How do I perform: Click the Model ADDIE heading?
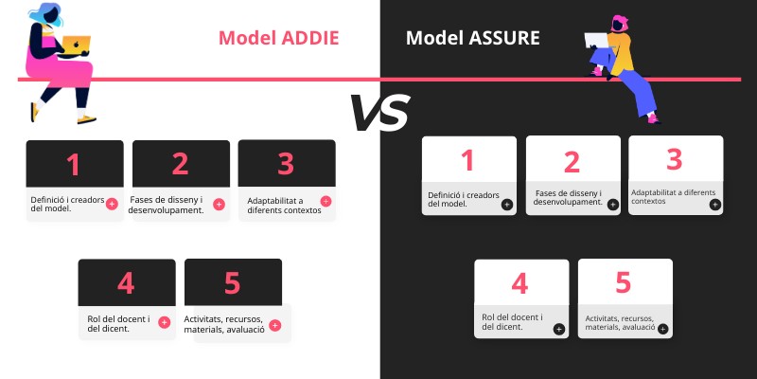click(x=278, y=38)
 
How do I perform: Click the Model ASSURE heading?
click(x=473, y=38)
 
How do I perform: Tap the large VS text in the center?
click(x=379, y=113)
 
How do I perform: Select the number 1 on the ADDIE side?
click(x=73, y=165)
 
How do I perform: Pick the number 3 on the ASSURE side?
click(x=674, y=159)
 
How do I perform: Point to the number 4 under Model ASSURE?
click(x=519, y=283)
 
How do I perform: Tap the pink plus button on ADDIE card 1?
click(x=112, y=204)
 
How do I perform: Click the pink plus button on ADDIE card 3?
click(x=326, y=201)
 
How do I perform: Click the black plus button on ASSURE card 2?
click(x=610, y=204)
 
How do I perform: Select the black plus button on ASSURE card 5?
click(x=662, y=330)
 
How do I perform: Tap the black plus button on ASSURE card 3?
click(x=714, y=204)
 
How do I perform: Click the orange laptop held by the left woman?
click(x=77, y=43)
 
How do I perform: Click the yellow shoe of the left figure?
click(x=87, y=120)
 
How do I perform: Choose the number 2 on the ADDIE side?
click(x=181, y=165)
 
